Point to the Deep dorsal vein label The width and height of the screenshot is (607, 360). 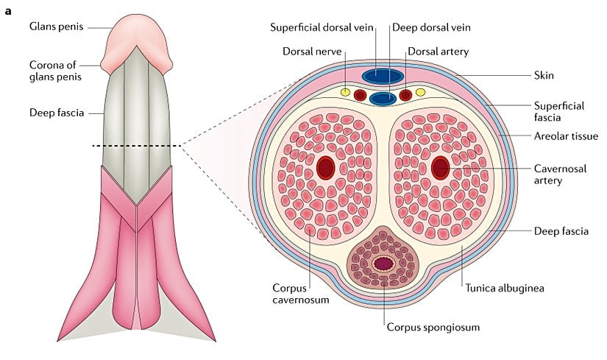pos(430,27)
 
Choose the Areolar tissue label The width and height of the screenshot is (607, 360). pos(567,136)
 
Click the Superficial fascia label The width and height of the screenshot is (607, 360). pos(559,111)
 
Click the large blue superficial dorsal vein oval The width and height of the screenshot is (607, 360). pos(383,76)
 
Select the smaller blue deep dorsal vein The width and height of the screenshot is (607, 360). pos(383,98)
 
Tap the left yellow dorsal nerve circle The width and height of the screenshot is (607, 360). pos(344,93)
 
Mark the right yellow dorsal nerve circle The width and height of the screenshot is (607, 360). pos(421,93)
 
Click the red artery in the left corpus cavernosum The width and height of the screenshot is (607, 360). pos(326,169)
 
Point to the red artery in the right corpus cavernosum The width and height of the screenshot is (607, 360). pos(440,169)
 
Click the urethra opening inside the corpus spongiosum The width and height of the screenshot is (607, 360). pos(383,264)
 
